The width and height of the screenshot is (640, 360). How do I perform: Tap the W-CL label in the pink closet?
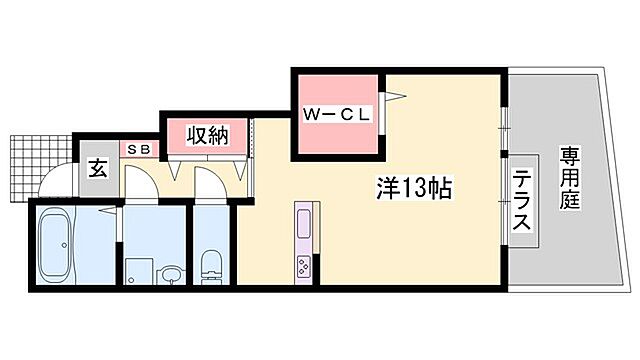pyautogui.click(x=337, y=113)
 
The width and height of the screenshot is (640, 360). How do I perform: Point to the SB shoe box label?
pyautogui.click(x=139, y=148)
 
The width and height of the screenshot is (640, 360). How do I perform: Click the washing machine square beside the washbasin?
pyautogui.click(x=137, y=271)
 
